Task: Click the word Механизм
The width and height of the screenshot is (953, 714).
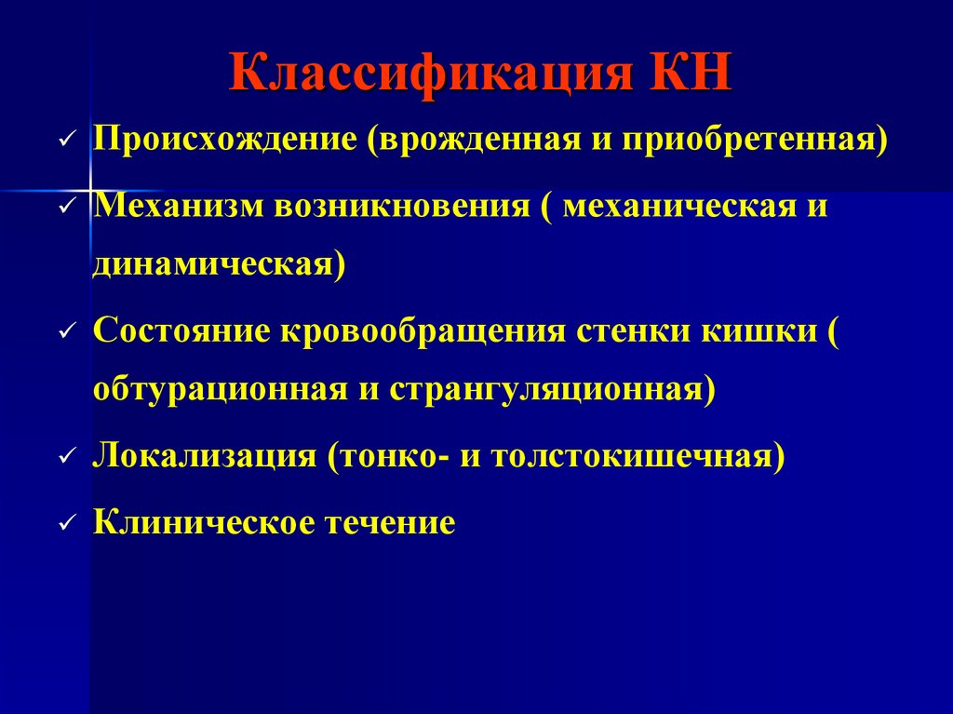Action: coord(177,204)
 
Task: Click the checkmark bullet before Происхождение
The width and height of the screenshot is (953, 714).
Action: coord(64,141)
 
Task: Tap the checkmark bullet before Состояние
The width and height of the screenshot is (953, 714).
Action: coord(64,333)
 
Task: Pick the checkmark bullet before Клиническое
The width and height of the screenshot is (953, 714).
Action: coord(64,523)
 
